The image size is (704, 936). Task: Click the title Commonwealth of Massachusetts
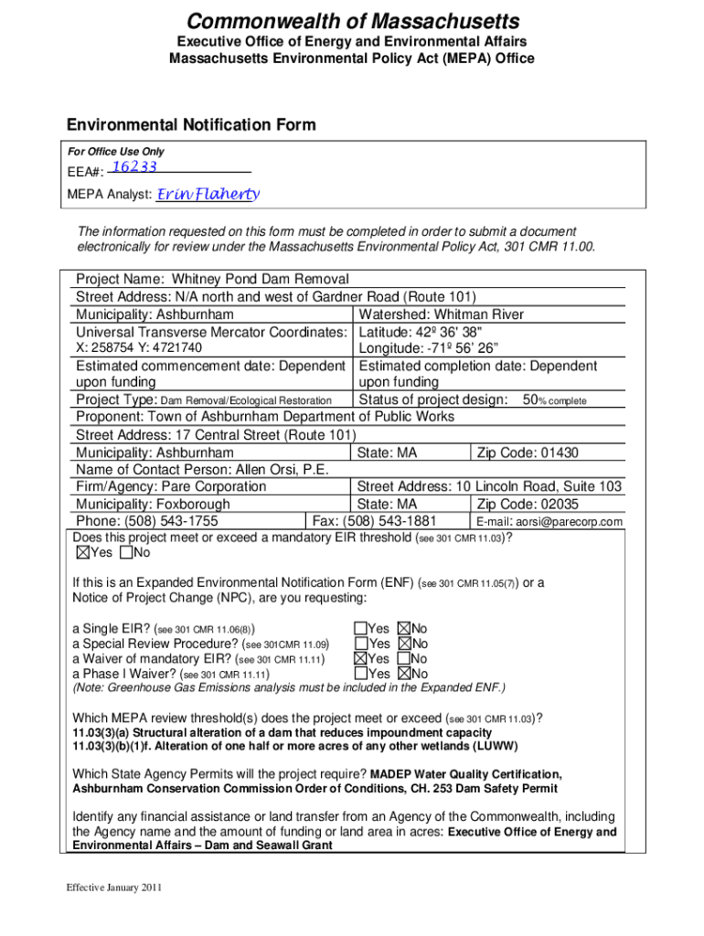coord(351,21)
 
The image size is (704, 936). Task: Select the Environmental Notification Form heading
coord(191,124)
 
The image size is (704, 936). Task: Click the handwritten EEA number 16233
coord(134,166)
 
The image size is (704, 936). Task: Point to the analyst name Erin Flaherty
coord(208,194)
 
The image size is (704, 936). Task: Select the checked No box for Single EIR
coord(403,629)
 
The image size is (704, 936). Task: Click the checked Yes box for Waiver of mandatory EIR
coord(361,658)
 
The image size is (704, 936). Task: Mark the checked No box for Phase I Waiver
coord(403,674)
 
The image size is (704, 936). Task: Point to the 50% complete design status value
coord(554,400)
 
